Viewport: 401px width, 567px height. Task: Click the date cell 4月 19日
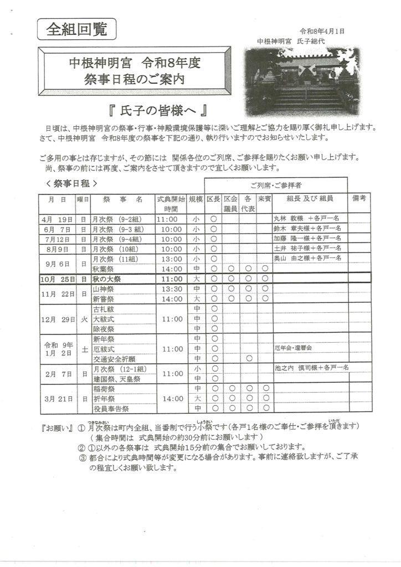pos(57,219)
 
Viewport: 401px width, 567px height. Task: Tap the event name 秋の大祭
pos(106,279)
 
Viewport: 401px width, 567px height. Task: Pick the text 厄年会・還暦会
pos(293,349)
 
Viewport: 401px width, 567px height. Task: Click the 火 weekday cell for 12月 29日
pos(84,319)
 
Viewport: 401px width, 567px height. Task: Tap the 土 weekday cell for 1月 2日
pos(84,349)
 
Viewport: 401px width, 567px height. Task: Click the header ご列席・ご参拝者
pos(276,184)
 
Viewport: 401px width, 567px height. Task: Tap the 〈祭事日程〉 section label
pos(72,183)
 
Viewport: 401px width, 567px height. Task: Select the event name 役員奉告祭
pos(111,409)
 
